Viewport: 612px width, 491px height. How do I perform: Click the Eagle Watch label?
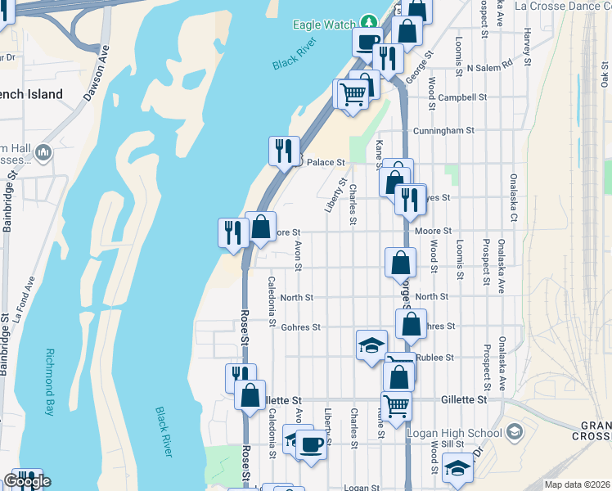tap(325, 25)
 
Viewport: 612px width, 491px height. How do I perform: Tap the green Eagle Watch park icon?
tap(369, 21)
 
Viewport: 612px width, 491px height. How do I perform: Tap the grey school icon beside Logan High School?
tap(514, 431)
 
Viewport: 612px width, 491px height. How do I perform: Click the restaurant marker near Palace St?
tap(284, 151)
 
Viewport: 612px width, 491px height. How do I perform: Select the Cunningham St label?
tap(444, 130)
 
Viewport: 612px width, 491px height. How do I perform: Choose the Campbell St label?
tap(462, 97)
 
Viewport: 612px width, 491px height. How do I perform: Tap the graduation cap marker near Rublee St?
tap(371, 345)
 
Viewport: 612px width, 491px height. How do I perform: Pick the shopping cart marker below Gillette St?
tap(396, 404)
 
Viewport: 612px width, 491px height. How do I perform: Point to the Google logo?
tap(28, 481)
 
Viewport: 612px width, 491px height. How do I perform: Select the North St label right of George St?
tap(431, 297)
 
